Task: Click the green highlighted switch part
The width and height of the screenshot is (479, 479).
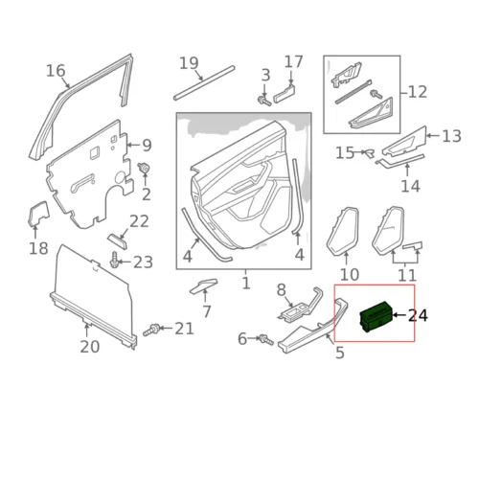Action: pos(376,316)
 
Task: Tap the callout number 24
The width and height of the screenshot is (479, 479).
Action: pos(418,315)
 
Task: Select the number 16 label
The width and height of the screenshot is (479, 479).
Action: pos(56,71)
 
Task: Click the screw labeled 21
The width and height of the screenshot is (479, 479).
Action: pos(151,330)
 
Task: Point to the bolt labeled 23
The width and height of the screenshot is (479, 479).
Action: pos(114,261)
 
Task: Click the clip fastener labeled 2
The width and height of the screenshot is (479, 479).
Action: pos(144,168)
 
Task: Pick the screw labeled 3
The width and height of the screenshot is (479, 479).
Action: pos(264,101)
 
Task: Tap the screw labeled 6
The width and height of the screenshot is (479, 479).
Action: pos(266,340)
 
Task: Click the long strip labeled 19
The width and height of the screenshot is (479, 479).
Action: pos(204,82)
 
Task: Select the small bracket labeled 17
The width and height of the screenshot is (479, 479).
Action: pos(285,92)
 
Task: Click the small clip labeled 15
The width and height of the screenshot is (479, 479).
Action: pos(370,152)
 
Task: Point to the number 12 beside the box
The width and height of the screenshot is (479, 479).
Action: pos(418,92)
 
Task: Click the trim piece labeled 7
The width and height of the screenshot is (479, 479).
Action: pos(204,285)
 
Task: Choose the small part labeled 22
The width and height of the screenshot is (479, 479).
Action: pos(117,241)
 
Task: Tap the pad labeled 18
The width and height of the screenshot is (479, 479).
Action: pos(38,214)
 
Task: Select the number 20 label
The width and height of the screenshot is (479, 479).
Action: pos(90,347)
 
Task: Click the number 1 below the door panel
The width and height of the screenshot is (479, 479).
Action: pos(246,284)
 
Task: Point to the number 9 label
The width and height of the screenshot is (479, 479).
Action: pos(147,146)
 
